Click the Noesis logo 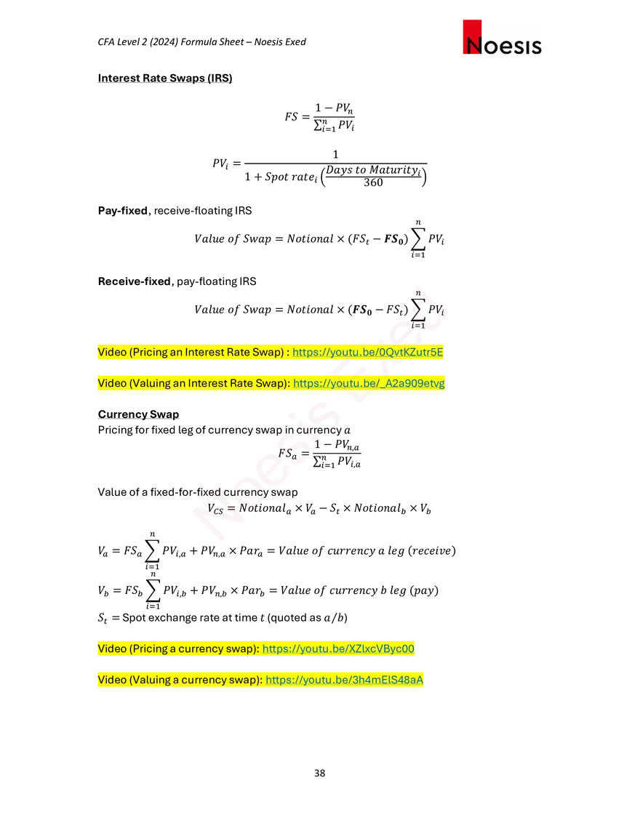[502, 38]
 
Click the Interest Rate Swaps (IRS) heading [165, 79]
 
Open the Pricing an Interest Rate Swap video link [368, 353]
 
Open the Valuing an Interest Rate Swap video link [369, 383]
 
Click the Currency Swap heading [138, 414]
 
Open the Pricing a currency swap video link [338, 648]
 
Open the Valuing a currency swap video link [344, 680]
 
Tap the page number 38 [320, 773]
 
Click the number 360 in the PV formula [373, 182]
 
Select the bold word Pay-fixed [123, 211]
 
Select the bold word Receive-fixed [135, 281]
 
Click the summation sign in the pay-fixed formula [418, 239]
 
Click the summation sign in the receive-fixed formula [418, 310]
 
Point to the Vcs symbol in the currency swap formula [215, 509]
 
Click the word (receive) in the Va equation [432, 551]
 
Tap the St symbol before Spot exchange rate [103, 619]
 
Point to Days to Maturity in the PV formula [373, 170]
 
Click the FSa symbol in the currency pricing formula [287, 454]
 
